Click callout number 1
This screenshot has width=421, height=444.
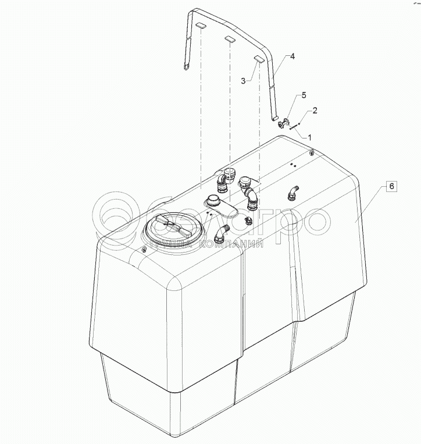point(310,137)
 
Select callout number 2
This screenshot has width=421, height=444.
point(315,110)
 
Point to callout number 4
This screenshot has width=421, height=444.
point(292,56)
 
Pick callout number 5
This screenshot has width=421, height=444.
point(303,95)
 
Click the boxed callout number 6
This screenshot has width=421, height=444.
point(391,187)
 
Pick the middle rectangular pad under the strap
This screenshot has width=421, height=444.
point(230,40)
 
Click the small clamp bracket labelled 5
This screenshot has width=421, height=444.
point(283,123)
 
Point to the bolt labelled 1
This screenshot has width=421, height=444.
point(294,127)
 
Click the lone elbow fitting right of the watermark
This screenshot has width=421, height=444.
point(293,193)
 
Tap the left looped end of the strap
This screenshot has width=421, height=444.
point(186,66)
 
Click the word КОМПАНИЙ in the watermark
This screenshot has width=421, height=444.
point(233,246)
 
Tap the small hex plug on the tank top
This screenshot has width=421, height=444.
point(248,220)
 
